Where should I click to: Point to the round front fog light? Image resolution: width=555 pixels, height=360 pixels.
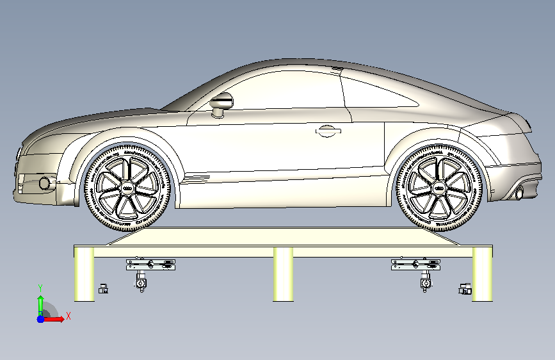coord(45,183)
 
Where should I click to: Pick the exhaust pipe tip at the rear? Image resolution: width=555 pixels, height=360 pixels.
coord(519,192)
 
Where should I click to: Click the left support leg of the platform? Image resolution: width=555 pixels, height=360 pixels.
coord(84,274)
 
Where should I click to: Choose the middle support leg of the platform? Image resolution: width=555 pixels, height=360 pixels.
coord(283,274)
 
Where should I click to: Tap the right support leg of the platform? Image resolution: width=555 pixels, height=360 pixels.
coord(482,274)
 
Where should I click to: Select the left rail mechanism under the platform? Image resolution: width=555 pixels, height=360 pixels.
coord(150,263)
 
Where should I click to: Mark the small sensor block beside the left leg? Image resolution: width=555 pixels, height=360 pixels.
coord(102,288)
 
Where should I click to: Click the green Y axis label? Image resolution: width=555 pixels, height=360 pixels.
coord(40,288)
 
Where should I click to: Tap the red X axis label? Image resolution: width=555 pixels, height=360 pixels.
coord(68,316)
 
